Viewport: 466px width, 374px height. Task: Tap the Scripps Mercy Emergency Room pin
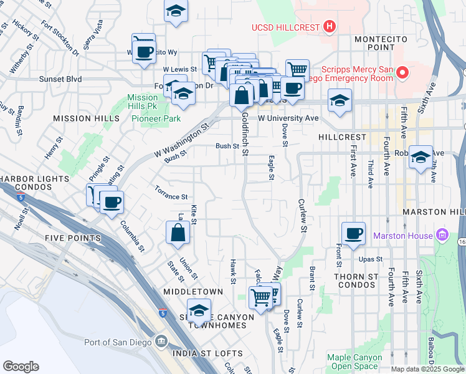402,74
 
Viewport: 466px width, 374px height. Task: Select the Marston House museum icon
442,236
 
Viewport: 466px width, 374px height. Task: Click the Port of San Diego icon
161,341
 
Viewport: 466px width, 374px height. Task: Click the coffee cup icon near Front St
353,234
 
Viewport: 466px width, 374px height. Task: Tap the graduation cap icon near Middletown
199,310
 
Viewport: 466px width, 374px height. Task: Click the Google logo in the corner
21,366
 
